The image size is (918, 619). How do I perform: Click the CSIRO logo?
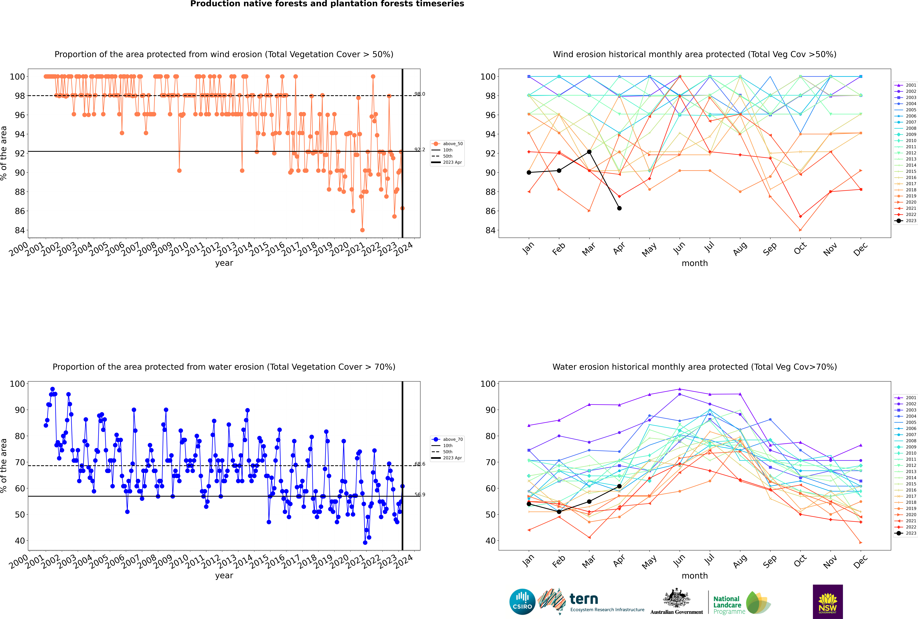point(522,602)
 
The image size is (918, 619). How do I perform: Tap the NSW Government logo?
point(828,601)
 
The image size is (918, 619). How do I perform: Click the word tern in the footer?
point(584,599)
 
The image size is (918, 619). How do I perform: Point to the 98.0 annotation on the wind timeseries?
point(420,94)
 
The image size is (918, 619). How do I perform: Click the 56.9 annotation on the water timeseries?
point(420,495)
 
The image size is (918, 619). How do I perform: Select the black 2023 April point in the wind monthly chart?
point(619,208)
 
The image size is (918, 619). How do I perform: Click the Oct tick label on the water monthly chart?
point(800,561)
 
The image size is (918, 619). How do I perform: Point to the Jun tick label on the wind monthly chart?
point(679,248)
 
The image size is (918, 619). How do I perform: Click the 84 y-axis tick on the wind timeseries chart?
point(20,230)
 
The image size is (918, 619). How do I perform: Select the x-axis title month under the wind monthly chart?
point(695,263)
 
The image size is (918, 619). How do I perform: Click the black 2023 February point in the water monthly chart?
point(559,512)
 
